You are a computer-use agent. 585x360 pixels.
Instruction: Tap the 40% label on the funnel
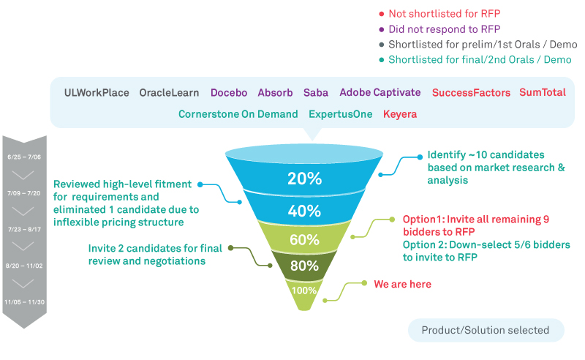(x=304, y=211)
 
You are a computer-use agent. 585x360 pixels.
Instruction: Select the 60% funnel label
(x=304, y=240)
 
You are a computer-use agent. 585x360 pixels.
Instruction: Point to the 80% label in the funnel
(x=304, y=266)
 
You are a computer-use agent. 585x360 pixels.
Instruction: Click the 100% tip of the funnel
(x=304, y=290)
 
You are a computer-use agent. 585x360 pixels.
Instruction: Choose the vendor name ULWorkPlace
(x=97, y=93)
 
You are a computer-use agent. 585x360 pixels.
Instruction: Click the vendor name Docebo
(x=229, y=93)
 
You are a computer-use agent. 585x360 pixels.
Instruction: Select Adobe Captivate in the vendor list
(x=380, y=93)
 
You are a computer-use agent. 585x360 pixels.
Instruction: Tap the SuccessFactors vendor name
(x=472, y=93)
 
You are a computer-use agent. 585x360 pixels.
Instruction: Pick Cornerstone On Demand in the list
(x=238, y=114)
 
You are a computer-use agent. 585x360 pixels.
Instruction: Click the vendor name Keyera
(x=399, y=114)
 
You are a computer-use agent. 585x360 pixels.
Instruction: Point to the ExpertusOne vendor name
(x=341, y=114)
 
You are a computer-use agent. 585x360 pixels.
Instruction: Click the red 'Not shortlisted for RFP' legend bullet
(x=381, y=14)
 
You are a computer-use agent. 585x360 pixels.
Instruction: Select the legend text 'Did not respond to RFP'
(x=444, y=29)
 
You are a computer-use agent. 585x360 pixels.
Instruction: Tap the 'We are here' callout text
(x=402, y=284)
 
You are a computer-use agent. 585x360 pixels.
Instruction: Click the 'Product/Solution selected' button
(x=486, y=330)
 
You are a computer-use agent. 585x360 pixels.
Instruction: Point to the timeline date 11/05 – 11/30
(x=24, y=301)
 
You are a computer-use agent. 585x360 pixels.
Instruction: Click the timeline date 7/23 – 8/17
(x=24, y=229)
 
